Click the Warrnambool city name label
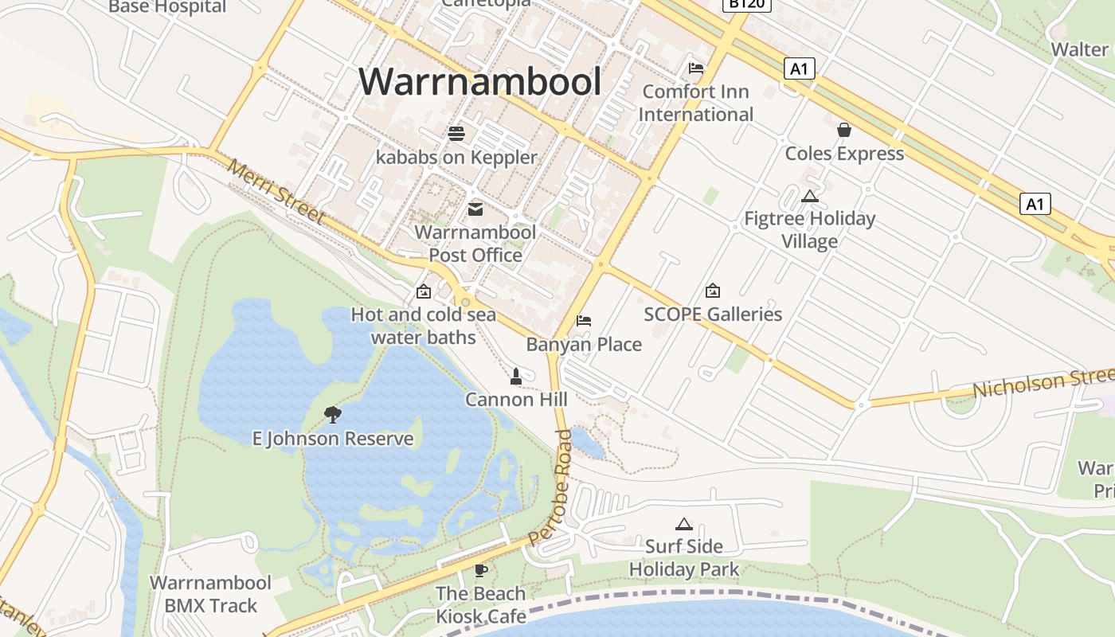tap(479, 81)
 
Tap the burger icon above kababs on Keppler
tap(456, 134)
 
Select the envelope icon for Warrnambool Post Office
tap(475, 209)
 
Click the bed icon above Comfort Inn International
tap(696, 68)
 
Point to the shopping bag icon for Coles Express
tap(844, 130)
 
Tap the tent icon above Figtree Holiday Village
tap(810, 196)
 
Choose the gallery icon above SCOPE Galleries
tap(713, 291)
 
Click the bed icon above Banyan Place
tap(584, 321)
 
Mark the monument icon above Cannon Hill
tap(516, 376)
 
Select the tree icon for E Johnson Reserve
tap(333, 414)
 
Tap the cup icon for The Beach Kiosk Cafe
tap(480, 570)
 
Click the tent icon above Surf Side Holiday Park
tap(683, 524)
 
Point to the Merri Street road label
tap(276, 192)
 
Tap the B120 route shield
tap(746, 4)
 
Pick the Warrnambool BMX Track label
tap(211, 594)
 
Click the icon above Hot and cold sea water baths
tap(423, 291)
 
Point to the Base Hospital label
tap(167, 7)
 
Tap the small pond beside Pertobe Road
tap(588, 443)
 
